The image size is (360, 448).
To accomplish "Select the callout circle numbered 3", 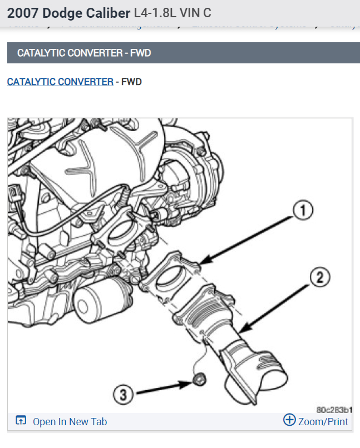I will coord(124,395).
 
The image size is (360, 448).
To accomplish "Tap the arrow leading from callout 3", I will coord(161,387).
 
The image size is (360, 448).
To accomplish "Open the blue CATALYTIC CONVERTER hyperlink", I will coord(60,82).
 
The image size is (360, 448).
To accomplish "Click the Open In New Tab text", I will coord(70,422).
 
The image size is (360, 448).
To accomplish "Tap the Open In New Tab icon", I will coord(21,421).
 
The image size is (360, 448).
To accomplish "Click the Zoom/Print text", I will coord(323,422).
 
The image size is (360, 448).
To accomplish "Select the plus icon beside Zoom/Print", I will coord(289,420).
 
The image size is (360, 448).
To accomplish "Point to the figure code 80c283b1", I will coord(334,409).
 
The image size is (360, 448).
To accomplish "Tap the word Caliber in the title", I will coord(106,12).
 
